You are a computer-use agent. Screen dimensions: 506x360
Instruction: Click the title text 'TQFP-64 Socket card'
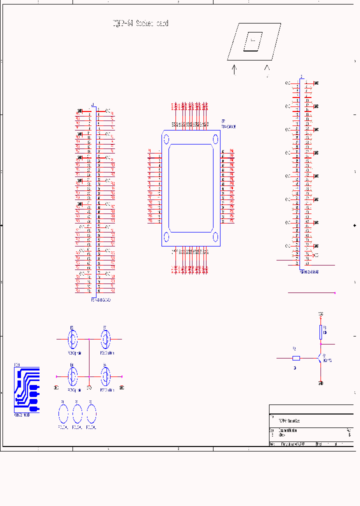[140, 23]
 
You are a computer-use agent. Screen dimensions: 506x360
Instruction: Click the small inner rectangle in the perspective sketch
[253, 41]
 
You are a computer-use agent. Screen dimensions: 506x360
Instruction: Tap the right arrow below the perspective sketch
[267, 69]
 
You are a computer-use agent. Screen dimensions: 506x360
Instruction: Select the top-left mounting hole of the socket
[166, 139]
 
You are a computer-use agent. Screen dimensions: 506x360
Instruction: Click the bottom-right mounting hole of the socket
[215, 237]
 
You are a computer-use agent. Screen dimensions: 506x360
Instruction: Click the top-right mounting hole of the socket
[215, 139]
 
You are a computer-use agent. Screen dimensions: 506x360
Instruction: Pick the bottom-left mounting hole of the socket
[166, 237]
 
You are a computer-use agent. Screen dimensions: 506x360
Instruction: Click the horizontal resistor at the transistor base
[296, 358]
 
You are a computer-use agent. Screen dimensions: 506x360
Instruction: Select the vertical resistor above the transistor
[320, 331]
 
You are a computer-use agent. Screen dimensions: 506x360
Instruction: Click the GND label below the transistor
[320, 383]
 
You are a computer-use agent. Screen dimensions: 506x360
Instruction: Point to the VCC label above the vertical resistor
[320, 314]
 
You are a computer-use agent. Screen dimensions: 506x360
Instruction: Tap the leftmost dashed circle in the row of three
[63, 413]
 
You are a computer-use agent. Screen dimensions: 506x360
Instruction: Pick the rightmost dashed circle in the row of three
[91, 413]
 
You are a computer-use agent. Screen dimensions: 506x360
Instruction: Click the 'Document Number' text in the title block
[288, 430]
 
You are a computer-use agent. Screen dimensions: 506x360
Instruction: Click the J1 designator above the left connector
[93, 105]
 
